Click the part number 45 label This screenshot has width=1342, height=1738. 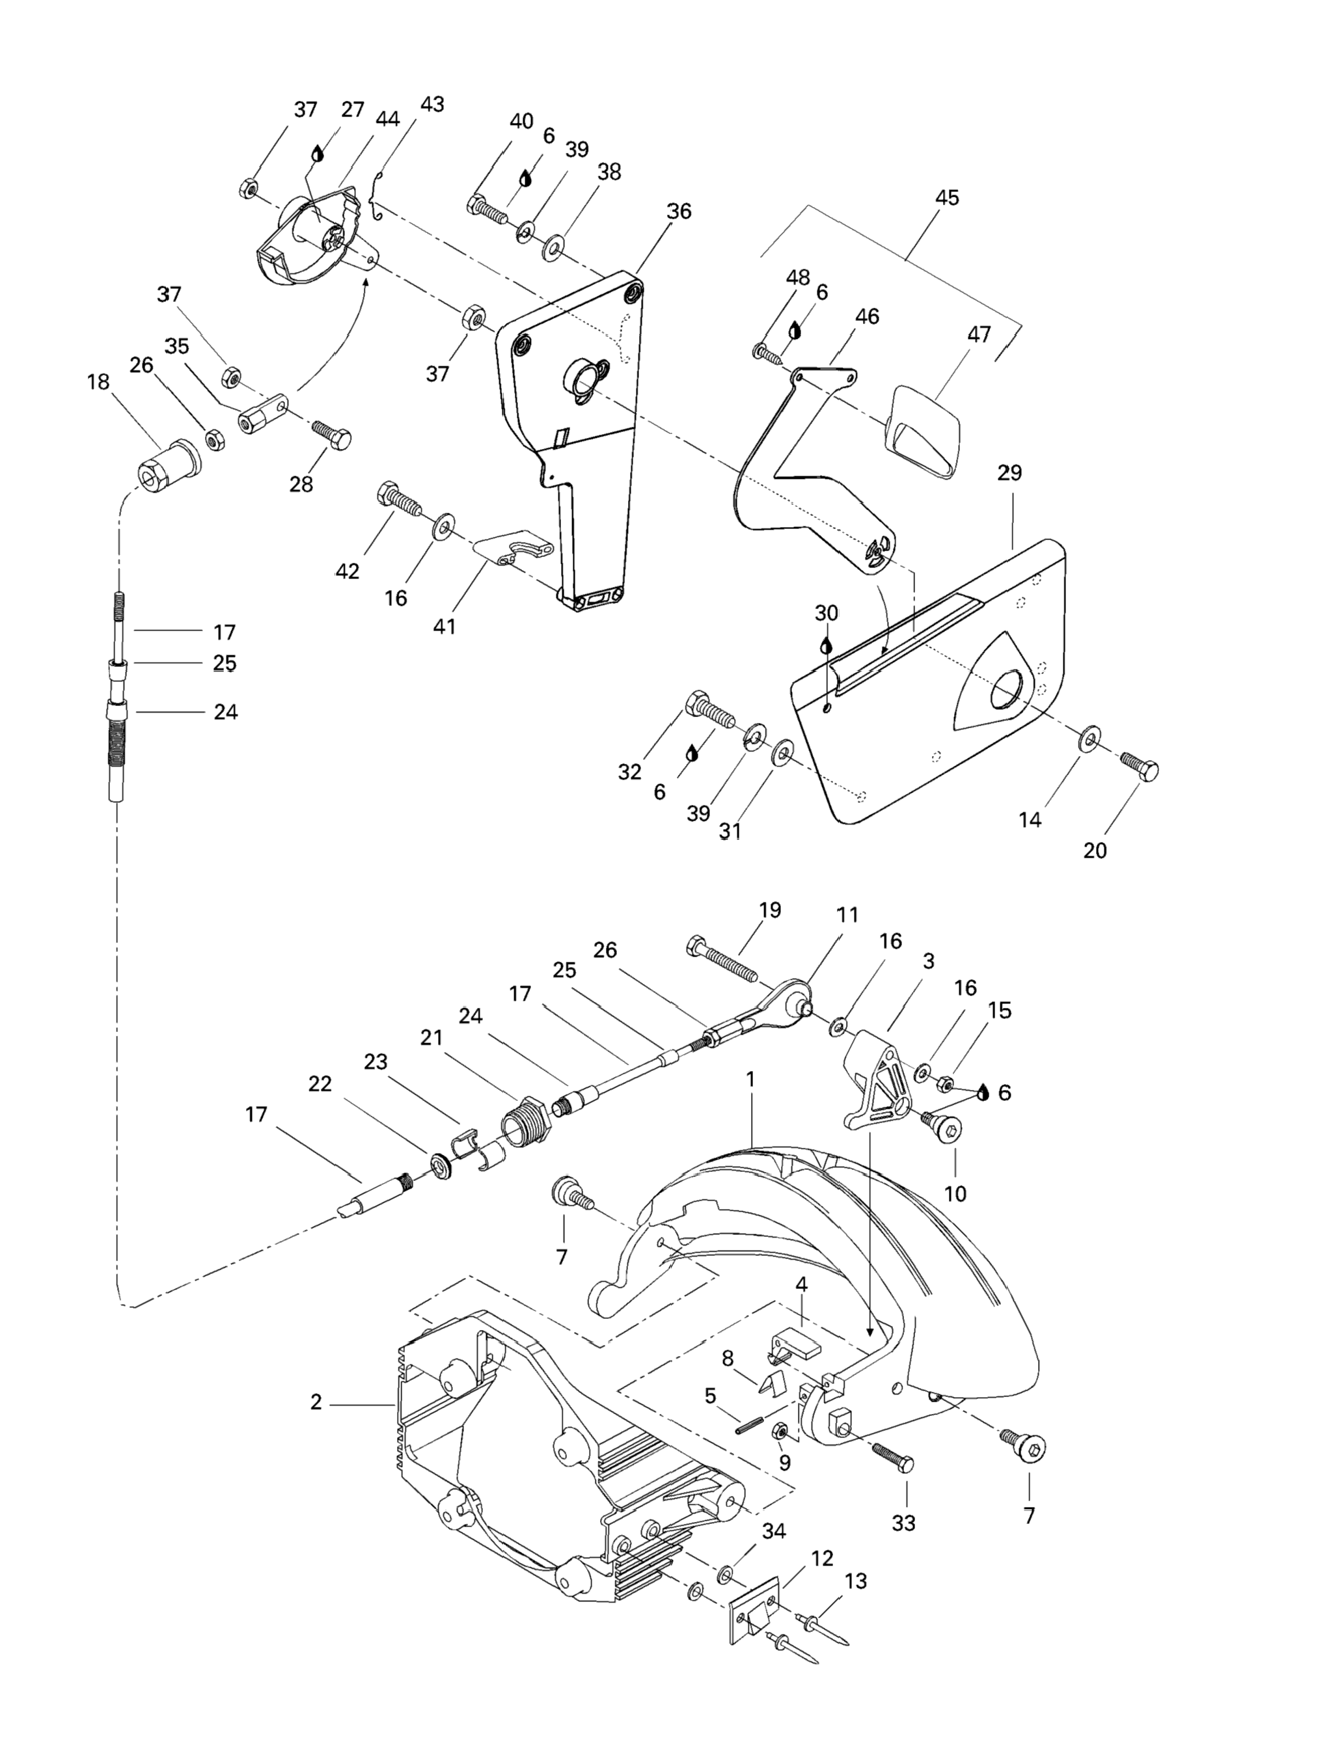[x=947, y=197]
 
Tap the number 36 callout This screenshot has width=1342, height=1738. [x=679, y=211]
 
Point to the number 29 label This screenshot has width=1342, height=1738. [x=1009, y=472]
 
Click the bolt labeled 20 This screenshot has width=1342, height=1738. [x=1140, y=766]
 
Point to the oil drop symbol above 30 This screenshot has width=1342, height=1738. [x=826, y=645]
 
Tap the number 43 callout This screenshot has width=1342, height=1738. [x=432, y=104]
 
